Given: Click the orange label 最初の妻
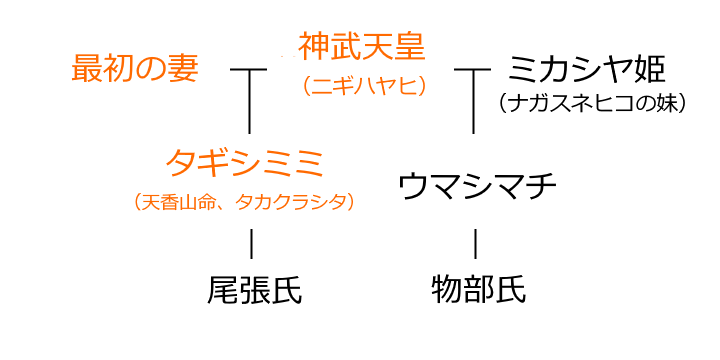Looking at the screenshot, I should point(135,69).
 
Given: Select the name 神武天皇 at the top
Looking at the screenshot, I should point(362,46).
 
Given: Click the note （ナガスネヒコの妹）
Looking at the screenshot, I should point(592,102).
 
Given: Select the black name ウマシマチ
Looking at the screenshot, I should point(476,185).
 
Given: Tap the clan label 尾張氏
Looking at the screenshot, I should point(254,290).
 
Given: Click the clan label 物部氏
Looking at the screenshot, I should point(478,290).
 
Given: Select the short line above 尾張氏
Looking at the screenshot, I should point(251,243).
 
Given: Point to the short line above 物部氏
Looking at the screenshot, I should point(475,243).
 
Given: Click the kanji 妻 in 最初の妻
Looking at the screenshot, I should point(182,69).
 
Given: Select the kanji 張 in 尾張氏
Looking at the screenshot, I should point(254,290).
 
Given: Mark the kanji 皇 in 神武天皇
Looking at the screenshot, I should point(410,46).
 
